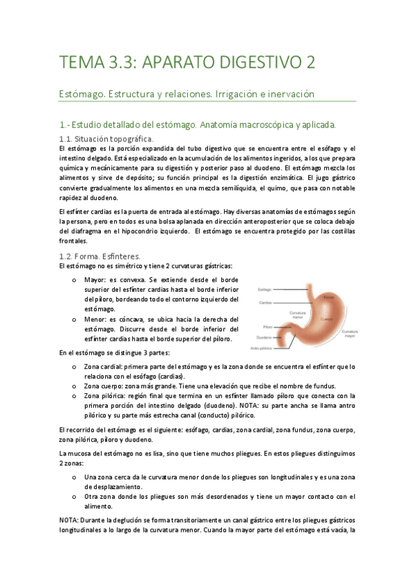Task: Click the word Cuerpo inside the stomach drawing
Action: click(323, 319)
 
